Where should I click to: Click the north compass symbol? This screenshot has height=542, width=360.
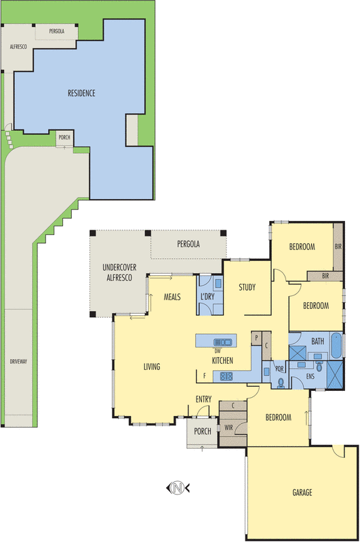[178, 488]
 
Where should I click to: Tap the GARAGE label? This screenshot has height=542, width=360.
[302, 493]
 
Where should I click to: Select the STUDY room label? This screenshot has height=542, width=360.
[247, 287]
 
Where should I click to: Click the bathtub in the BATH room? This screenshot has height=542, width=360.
[336, 346]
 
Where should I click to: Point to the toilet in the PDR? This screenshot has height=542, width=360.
[281, 382]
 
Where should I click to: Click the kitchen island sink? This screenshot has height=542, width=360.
[222, 342]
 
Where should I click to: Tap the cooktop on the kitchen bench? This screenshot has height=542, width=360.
[226, 376]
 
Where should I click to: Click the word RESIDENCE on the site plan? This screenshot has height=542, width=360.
[81, 93]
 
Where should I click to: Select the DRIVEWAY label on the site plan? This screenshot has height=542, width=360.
[18, 361]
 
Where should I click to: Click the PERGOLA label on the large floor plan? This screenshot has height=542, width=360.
[188, 244]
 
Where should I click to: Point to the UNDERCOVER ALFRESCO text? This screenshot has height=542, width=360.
[119, 272]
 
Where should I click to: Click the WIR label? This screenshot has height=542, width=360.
[228, 428]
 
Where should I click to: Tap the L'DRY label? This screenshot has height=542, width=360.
[208, 297]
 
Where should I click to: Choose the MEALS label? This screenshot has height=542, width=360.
[172, 297]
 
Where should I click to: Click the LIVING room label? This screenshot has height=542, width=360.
[152, 367]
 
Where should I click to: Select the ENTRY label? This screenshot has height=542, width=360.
[203, 399]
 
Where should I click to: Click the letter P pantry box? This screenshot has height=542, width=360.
[256, 338]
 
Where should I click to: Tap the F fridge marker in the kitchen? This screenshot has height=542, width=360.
[204, 376]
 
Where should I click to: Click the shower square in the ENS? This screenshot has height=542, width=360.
[335, 375]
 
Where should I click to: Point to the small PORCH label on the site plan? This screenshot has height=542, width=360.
[64, 138]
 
